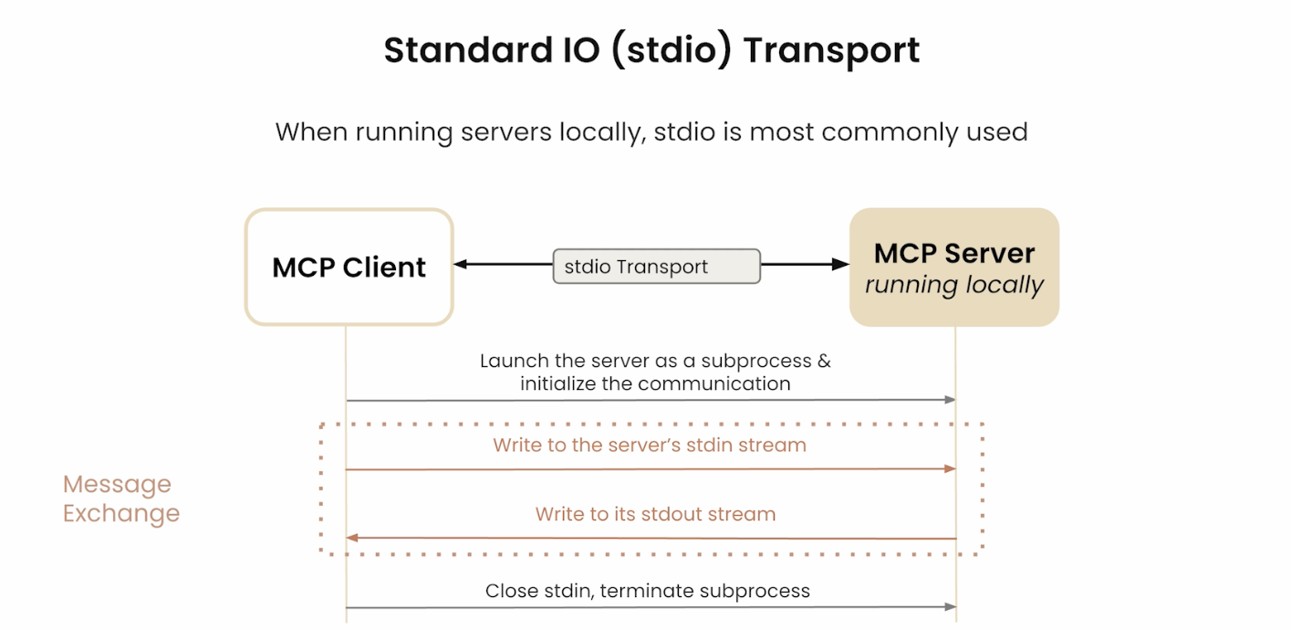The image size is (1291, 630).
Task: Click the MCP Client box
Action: (x=349, y=268)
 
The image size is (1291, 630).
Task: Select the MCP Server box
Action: (x=954, y=268)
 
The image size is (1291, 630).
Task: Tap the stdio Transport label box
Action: (x=657, y=266)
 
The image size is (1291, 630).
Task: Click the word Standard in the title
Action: (x=469, y=49)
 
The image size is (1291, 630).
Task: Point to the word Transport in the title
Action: (x=831, y=51)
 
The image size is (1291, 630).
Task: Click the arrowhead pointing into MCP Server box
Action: (x=841, y=264)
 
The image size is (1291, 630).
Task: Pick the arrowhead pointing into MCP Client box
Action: (x=461, y=264)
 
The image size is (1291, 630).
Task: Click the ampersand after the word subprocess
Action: (x=824, y=362)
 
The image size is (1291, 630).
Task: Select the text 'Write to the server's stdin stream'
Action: (x=650, y=445)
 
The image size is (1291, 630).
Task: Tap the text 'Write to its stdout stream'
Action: (x=655, y=514)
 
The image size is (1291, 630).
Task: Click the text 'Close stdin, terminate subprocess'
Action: (x=647, y=591)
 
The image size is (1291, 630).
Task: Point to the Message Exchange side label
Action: (x=121, y=499)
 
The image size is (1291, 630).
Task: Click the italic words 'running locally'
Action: (x=954, y=285)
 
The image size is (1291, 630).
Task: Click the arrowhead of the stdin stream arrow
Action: (x=950, y=468)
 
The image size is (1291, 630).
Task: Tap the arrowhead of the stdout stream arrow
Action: (x=352, y=538)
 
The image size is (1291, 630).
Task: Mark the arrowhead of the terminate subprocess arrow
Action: (x=950, y=606)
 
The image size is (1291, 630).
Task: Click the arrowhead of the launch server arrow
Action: (x=950, y=399)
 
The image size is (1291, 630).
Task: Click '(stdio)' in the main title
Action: (x=671, y=51)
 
